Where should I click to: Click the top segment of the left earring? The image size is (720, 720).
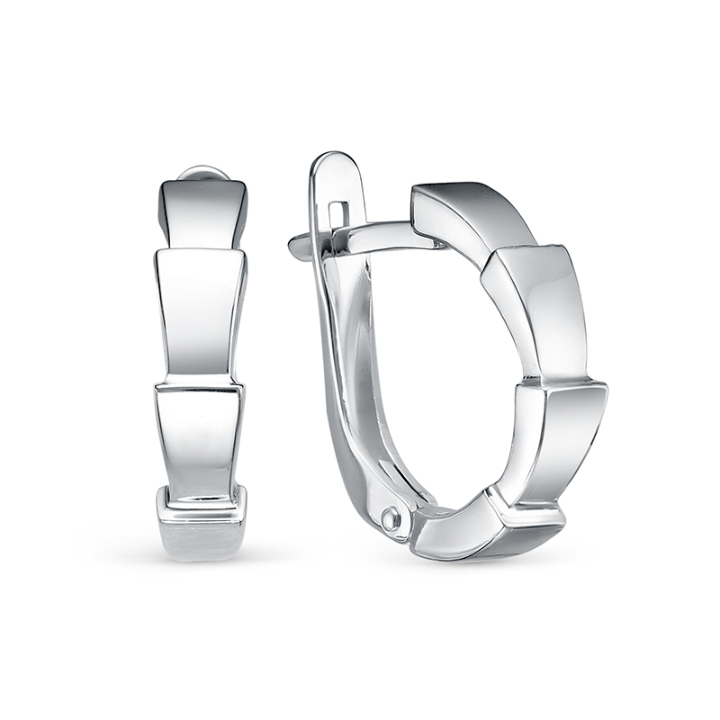(x=202, y=212)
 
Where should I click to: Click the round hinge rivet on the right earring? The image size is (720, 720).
(x=390, y=519)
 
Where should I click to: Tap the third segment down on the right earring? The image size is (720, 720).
(x=558, y=441)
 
